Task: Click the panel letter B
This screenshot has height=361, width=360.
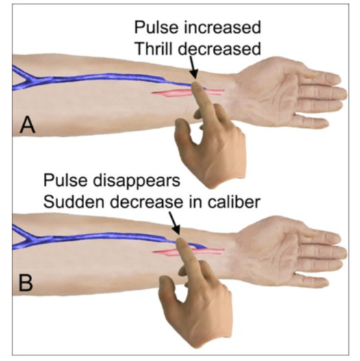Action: [x=25, y=283]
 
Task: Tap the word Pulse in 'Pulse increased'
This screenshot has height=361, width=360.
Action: [x=156, y=27]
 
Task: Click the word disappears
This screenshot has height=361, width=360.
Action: [x=136, y=181]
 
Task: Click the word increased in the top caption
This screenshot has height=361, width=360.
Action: [x=222, y=27]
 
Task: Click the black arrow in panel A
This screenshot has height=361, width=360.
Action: [x=194, y=68]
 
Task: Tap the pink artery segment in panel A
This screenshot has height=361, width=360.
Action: [x=188, y=92]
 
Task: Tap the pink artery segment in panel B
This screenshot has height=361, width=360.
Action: [x=188, y=252]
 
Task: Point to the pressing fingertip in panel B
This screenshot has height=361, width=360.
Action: [x=180, y=243]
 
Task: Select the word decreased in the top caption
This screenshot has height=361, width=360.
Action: [x=220, y=49]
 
